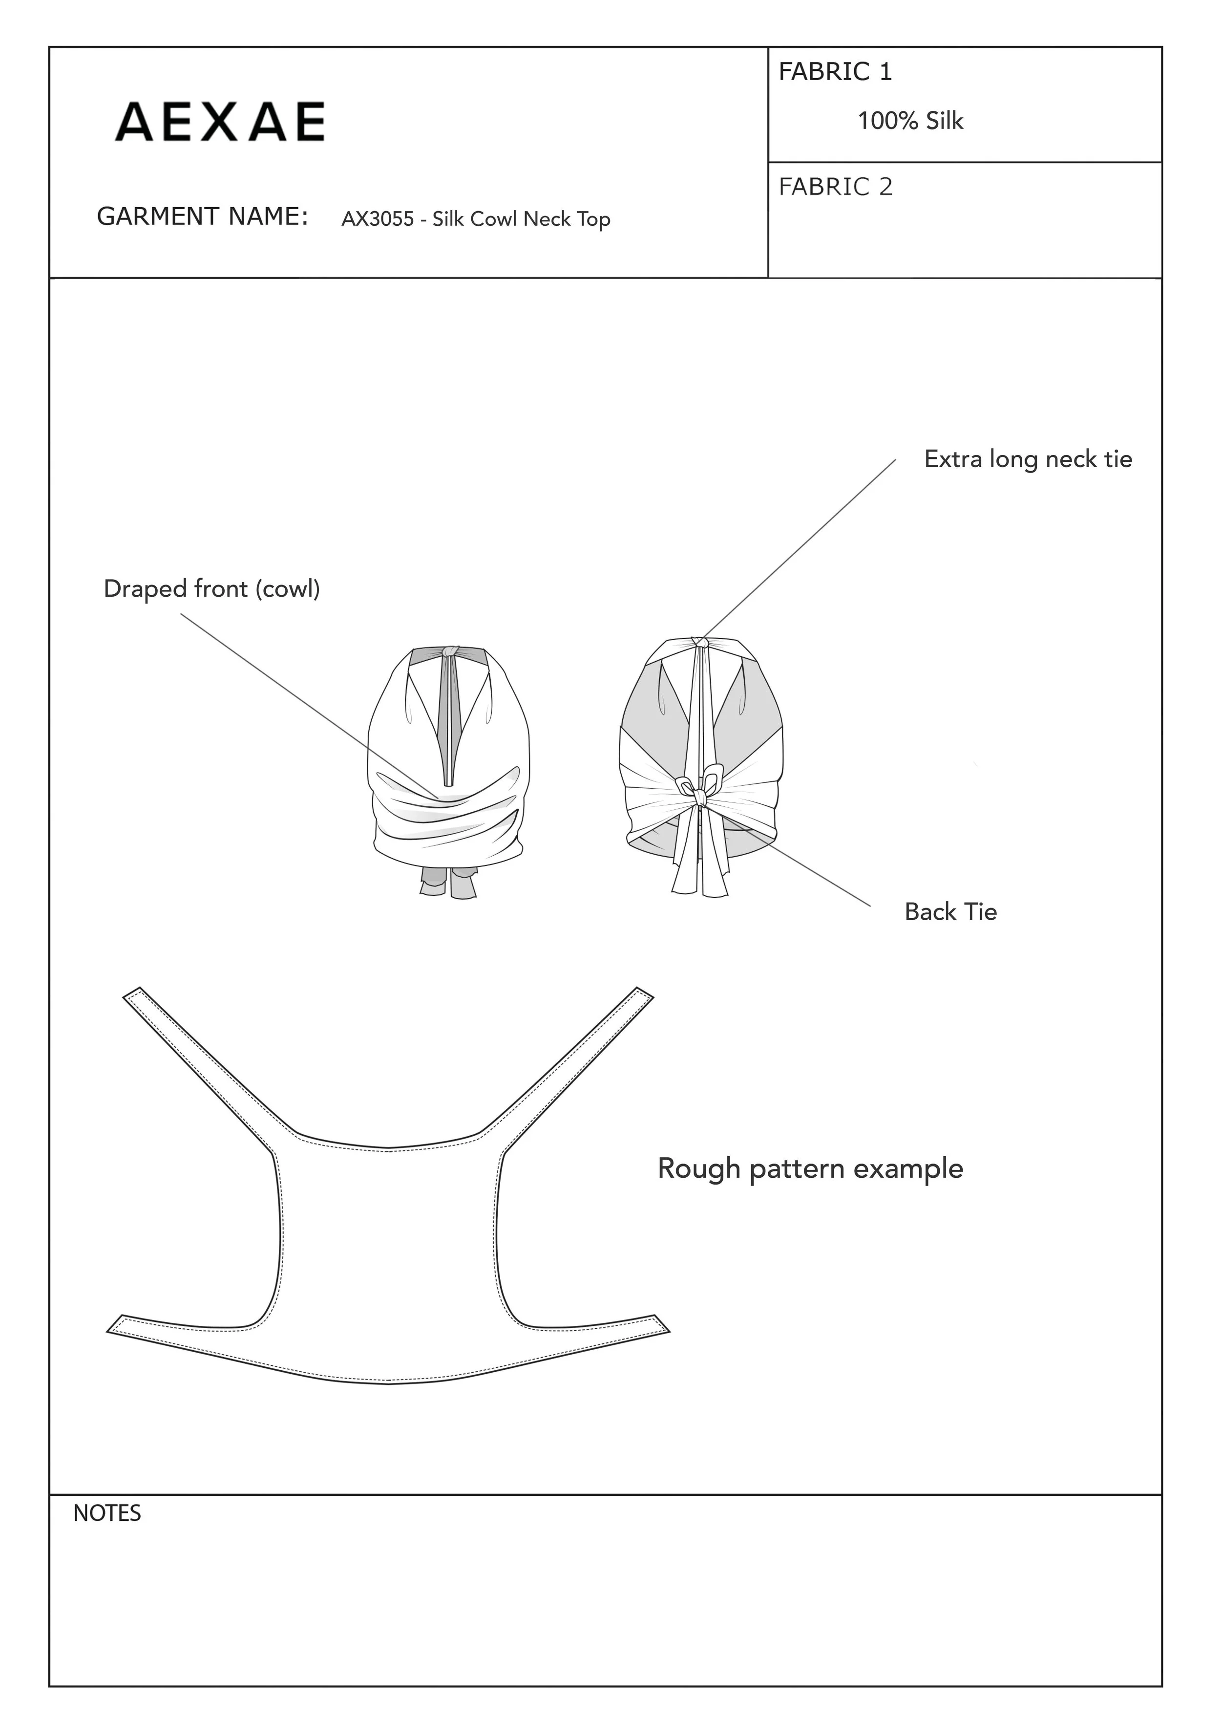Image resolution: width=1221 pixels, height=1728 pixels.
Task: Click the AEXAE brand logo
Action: [x=220, y=122]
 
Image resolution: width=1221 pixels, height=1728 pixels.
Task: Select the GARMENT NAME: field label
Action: [x=202, y=217]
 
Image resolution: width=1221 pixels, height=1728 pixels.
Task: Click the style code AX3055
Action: [x=377, y=219]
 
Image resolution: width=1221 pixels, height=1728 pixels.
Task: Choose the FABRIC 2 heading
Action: [x=835, y=187]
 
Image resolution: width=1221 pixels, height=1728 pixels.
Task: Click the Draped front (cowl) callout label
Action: [x=211, y=588]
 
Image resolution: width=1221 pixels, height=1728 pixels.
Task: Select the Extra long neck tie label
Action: [x=1028, y=459]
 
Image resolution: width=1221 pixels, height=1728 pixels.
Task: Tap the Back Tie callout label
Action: [x=950, y=911]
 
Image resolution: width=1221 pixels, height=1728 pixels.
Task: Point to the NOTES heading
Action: [x=107, y=1513]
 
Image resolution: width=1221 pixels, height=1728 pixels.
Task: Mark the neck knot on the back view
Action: [x=700, y=643]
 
